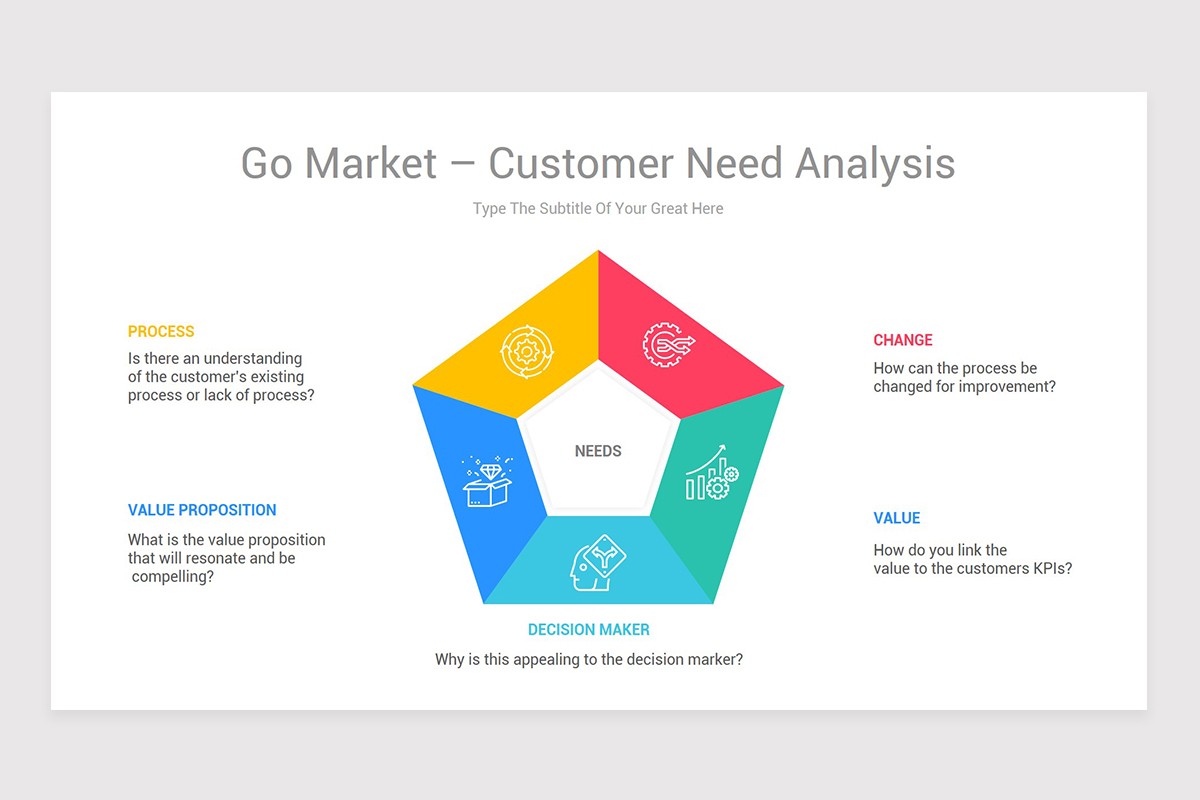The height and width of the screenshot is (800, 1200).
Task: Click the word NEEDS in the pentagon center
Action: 598,451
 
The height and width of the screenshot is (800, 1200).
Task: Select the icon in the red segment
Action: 668,345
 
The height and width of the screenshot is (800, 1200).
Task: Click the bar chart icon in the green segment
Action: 711,474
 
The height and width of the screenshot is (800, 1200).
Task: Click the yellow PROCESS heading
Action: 161,332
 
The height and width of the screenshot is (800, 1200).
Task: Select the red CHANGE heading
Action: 902,340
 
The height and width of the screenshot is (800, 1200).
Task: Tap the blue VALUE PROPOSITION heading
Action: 202,510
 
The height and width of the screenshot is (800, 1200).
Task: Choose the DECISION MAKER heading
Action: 588,630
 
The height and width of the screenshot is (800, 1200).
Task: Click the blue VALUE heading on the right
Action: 896,518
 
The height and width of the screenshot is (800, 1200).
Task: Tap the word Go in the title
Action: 266,163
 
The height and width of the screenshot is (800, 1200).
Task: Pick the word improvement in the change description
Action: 1006,387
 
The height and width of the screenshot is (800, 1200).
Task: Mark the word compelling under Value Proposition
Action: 172,577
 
